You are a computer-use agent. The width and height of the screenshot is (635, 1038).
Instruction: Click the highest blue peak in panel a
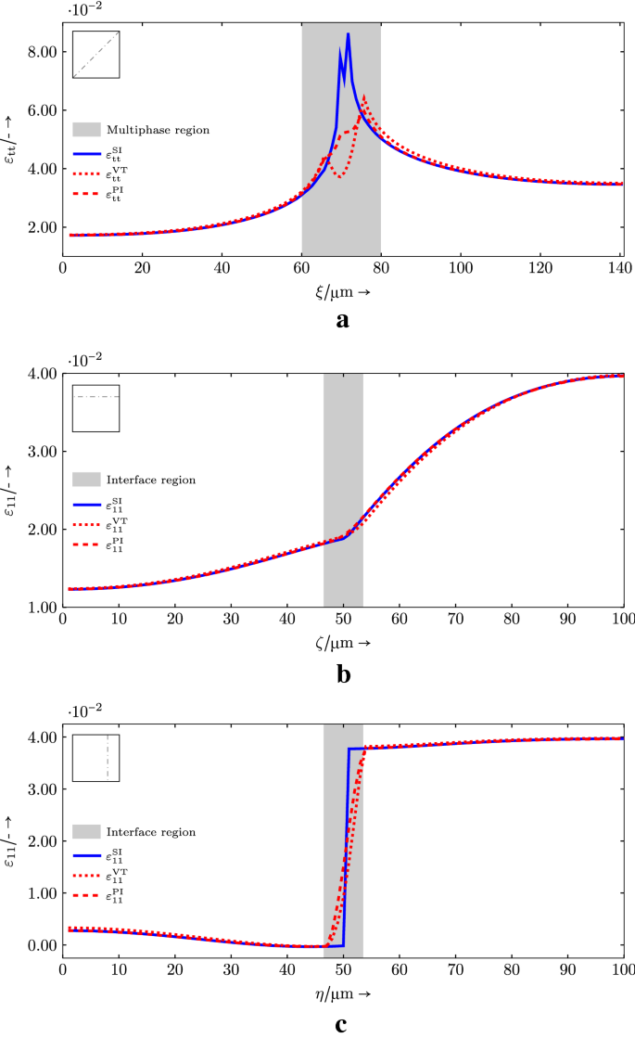[348, 34]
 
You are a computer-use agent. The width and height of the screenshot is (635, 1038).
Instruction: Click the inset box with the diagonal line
[95, 55]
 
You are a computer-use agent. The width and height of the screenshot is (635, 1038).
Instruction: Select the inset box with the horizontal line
[95, 407]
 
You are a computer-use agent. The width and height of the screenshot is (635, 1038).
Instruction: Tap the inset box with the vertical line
[95, 758]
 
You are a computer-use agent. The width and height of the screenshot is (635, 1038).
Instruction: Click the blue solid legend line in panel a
[86, 154]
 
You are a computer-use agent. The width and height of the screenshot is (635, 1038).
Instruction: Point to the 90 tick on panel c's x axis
[567, 968]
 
